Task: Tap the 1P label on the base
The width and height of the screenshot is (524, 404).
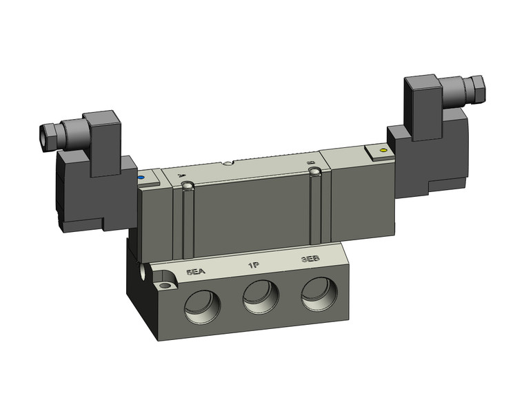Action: pyautogui.click(x=253, y=265)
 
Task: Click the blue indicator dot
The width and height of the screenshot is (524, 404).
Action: pyautogui.click(x=141, y=178)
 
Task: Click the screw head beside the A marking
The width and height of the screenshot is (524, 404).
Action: pyautogui.click(x=186, y=186)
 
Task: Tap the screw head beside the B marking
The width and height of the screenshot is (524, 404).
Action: pyautogui.click(x=314, y=170)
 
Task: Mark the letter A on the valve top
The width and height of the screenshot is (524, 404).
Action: pyautogui.click(x=181, y=176)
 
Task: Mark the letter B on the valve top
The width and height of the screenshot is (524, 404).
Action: pyautogui.click(x=310, y=160)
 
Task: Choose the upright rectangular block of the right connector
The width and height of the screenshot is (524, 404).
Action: pyautogui.click(x=422, y=102)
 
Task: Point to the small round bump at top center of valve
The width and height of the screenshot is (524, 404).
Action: pyautogui.click(x=228, y=164)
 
